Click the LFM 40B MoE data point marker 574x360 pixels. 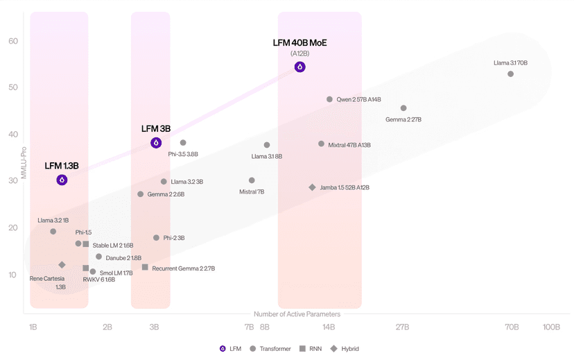click(x=299, y=67)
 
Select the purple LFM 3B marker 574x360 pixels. click(x=156, y=143)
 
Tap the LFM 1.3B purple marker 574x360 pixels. click(x=62, y=180)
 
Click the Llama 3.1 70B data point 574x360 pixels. click(x=510, y=74)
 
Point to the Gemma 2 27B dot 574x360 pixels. click(x=403, y=108)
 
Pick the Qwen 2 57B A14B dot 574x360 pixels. click(x=329, y=99)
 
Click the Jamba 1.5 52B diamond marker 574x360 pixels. click(x=312, y=187)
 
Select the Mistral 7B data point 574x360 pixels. click(x=252, y=180)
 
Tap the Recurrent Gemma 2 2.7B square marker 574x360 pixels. click(x=145, y=267)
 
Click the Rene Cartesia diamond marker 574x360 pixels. click(x=62, y=265)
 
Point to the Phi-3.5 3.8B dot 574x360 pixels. click(x=183, y=143)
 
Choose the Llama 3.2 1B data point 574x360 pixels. click(x=53, y=232)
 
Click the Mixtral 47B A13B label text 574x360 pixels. click(x=349, y=145)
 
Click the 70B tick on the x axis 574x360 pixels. click(x=511, y=327)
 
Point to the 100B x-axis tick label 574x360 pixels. click(x=551, y=327)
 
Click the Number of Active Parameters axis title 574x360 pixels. click(x=297, y=314)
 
